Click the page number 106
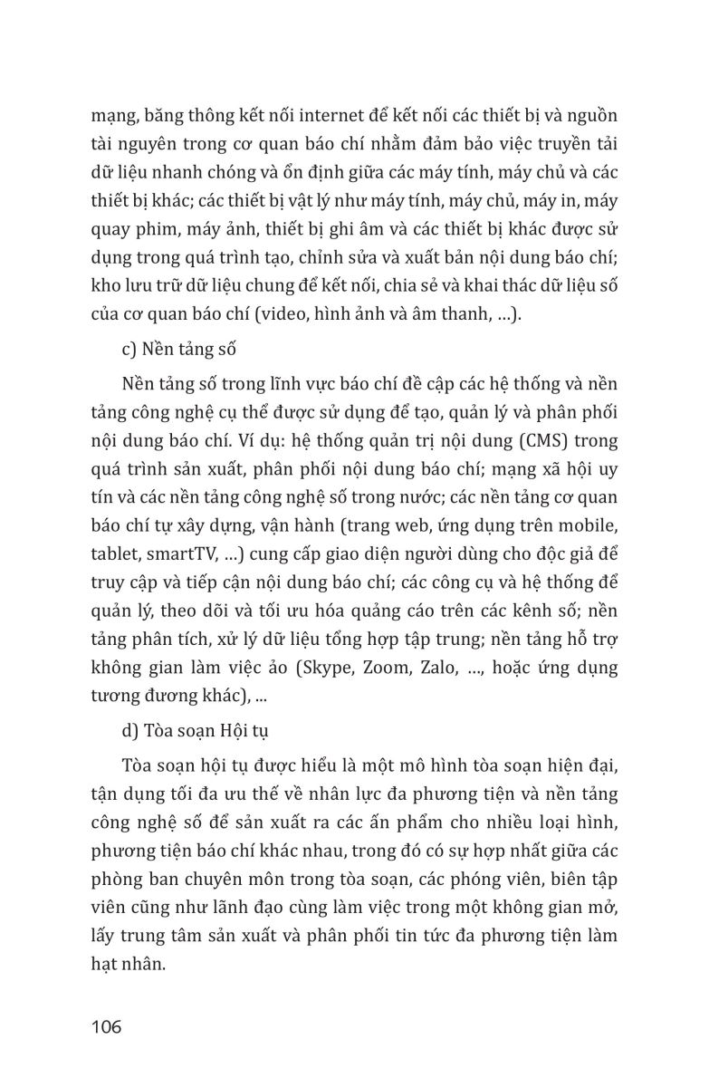coord(106,1026)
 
